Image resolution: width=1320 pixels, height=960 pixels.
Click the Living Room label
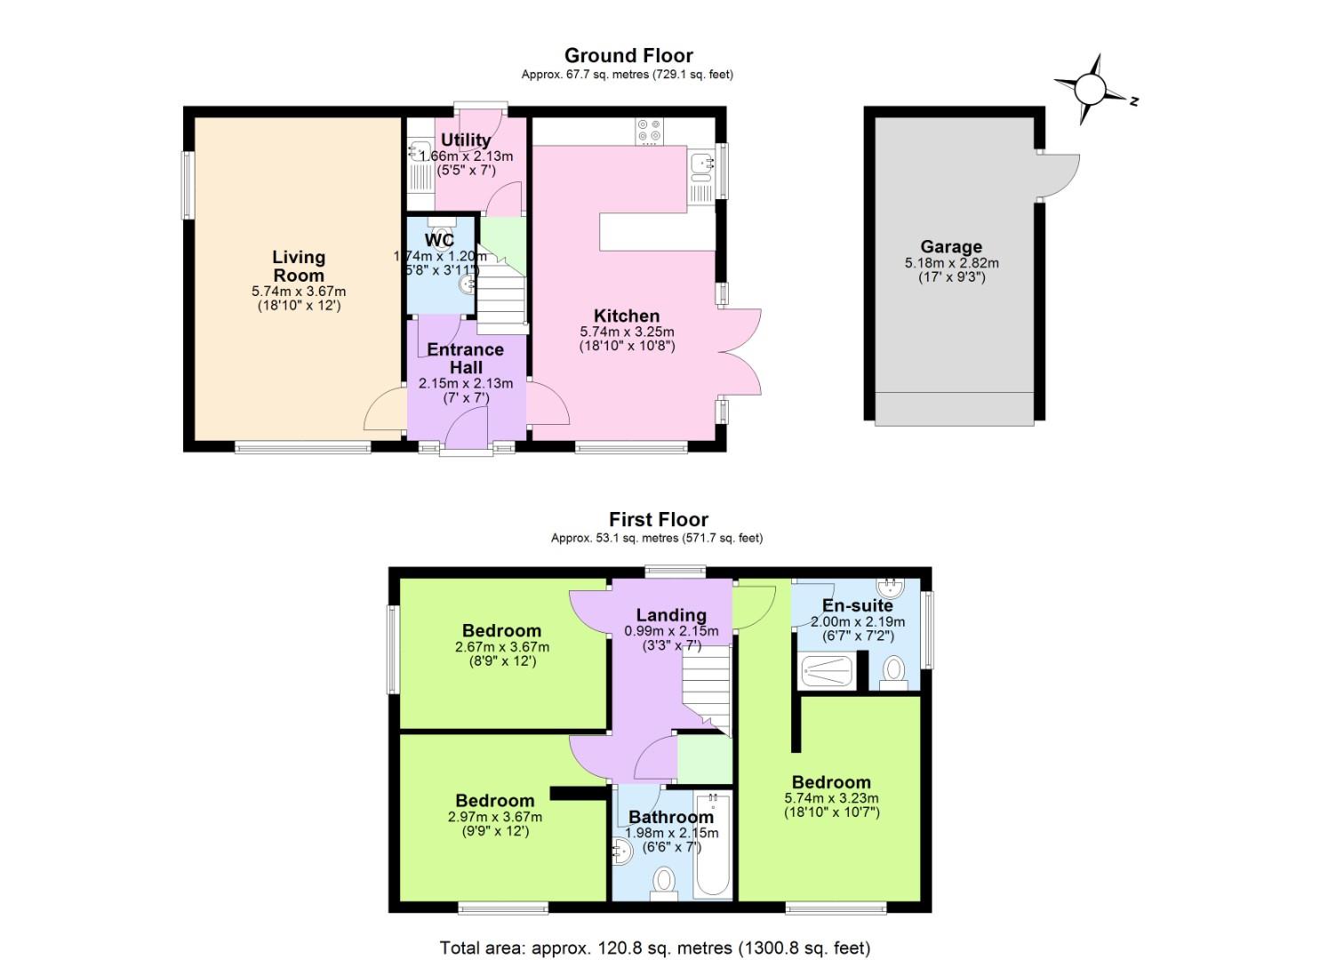point(299,266)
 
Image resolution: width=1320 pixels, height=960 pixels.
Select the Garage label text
point(951,247)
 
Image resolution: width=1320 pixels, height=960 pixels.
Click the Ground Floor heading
point(628,56)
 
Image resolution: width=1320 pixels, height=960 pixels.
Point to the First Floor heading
point(658,520)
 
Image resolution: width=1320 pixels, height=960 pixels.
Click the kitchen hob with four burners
point(648,132)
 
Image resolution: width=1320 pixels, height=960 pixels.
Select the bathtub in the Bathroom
point(713,844)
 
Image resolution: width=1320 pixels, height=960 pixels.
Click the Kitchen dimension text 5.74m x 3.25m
point(627,332)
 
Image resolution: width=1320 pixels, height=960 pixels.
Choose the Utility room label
point(466,140)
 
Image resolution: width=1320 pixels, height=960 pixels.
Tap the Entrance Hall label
point(466,358)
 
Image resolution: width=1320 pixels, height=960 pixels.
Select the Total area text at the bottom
point(655,948)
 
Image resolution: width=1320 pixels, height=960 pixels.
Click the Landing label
point(671,615)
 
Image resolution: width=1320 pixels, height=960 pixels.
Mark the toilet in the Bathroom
point(663,879)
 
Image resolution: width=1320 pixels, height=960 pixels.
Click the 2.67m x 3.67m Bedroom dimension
point(501,647)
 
